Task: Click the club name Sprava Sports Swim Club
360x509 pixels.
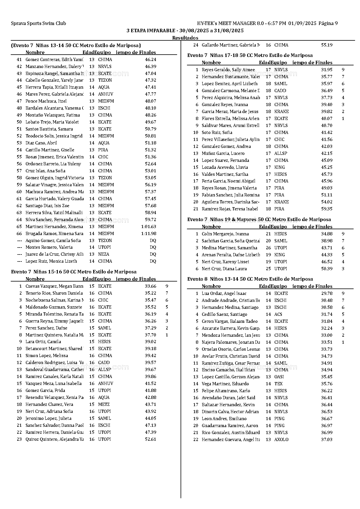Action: click(x=38, y=24)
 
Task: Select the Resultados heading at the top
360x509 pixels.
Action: click(x=185, y=38)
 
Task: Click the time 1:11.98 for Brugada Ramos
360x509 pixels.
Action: click(x=149, y=234)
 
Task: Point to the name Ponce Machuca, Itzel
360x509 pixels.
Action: click(x=46, y=101)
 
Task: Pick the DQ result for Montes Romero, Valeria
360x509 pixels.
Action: click(x=153, y=247)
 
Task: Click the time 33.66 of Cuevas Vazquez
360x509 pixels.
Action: click(x=150, y=286)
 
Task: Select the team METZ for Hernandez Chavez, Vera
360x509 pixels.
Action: click(x=104, y=404)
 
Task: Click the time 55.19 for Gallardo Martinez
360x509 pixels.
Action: click(x=327, y=45)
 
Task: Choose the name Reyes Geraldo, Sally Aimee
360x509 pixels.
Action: click(x=228, y=70)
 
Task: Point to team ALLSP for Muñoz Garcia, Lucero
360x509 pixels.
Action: click(x=280, y=153)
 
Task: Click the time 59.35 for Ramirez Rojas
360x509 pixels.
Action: click(x=327, y=209)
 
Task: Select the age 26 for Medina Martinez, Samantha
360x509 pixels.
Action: click(x=268, y=248)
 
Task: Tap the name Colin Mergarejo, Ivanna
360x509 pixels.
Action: click(x=225, y=234)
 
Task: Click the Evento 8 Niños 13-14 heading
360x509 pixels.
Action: click(x=250, y=279)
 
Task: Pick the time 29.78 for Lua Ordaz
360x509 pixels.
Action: click(x=327, y=293)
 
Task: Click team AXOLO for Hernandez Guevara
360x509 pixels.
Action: click(x=281, y=440)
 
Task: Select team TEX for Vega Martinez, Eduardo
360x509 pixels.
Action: click(x=278, y=384)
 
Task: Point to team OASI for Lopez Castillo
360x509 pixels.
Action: click(x=279, y=377)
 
